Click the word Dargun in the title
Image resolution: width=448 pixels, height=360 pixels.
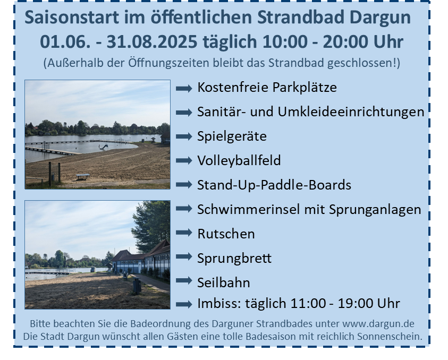(380, 18)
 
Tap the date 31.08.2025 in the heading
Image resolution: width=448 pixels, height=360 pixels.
(151, 41)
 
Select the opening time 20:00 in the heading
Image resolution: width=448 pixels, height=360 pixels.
(345, 41)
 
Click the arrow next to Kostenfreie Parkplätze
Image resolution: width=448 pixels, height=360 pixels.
(184, 88)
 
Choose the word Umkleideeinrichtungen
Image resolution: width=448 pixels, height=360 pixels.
(351, 112)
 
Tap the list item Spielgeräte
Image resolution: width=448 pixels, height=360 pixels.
(232, 136)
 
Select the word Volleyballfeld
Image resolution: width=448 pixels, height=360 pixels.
(239, 160)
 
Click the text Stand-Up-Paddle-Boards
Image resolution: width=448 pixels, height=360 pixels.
(274, 185)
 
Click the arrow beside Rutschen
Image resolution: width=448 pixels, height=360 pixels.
(184, 233)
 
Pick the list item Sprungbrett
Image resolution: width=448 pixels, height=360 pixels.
(234, 259)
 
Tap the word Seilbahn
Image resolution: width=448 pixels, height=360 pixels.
(223, 282)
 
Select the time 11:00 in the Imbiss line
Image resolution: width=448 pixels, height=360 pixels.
(308, 303)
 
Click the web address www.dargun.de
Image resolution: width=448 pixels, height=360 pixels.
(378, 324)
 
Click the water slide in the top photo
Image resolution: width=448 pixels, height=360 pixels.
(104, 147)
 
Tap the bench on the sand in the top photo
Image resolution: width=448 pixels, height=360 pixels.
(83, 176)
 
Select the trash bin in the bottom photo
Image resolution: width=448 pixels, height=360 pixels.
(137, 286)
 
